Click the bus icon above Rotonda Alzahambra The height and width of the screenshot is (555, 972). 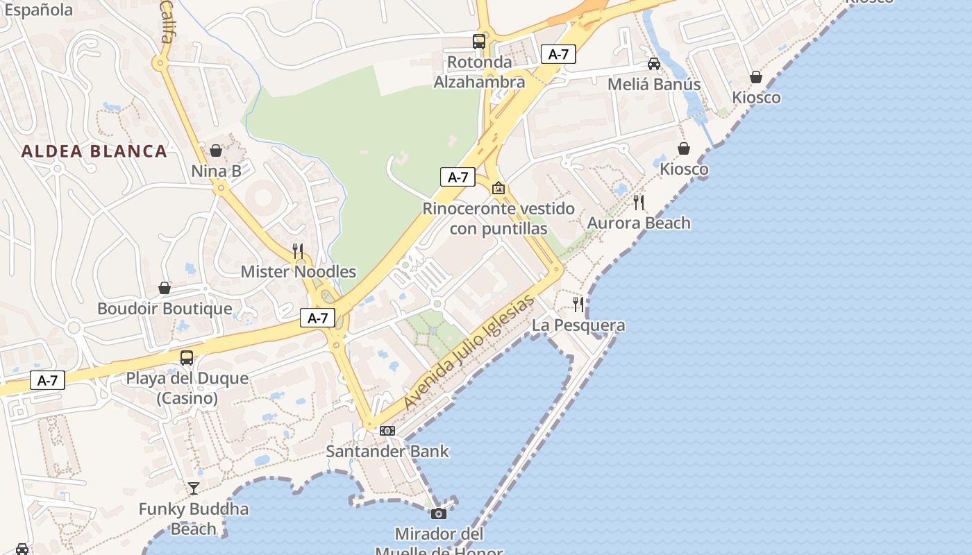479,42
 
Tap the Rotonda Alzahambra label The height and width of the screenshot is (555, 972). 479,72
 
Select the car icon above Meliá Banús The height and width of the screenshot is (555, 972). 653,64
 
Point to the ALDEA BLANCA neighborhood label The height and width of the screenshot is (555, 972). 94,151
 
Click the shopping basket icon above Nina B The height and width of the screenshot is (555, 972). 216,151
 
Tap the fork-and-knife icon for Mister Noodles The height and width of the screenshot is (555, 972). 298,251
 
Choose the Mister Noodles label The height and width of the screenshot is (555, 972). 299,272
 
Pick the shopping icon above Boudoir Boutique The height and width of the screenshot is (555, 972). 165,288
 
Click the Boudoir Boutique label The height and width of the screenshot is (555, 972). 165,309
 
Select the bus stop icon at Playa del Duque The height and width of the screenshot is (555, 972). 187,358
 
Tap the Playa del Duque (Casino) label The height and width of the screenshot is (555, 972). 187,388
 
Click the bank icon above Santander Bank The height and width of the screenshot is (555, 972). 387,431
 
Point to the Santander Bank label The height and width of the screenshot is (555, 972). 387,452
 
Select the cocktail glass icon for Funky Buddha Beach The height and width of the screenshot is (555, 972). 194,488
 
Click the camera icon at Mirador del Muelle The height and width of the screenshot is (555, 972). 438,513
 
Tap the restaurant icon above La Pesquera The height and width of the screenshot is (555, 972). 578,305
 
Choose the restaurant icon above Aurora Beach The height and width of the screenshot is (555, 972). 639,203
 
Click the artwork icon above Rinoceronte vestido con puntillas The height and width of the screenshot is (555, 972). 498,188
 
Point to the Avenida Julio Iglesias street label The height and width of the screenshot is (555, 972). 469,352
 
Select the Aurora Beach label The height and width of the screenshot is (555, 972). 639,223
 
